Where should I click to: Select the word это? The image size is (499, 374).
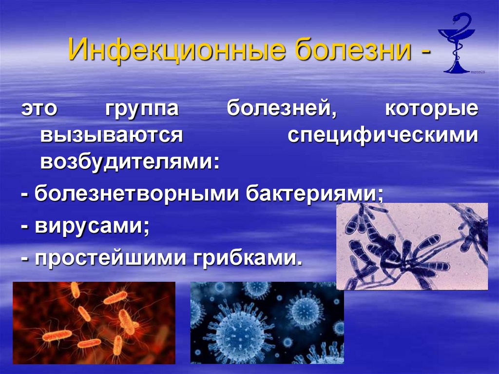38,109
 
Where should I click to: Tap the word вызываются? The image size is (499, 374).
112,136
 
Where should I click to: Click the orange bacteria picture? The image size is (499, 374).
94,322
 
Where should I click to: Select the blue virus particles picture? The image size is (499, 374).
267,322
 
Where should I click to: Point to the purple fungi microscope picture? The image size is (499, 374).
412,246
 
